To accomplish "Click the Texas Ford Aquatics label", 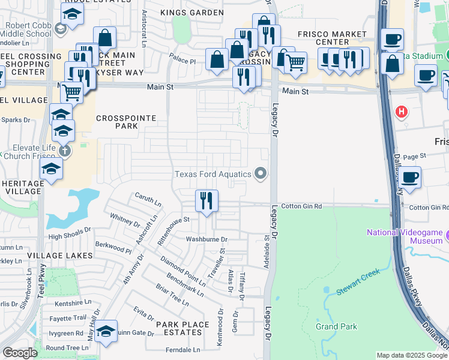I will point(212,174).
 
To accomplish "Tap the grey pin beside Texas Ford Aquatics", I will point(260,173).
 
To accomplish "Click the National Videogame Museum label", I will point(405,236).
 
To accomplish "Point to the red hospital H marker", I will point(401,111).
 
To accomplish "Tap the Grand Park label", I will point(337,326).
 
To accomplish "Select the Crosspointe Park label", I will point(118,122).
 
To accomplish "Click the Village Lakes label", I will point(59,255).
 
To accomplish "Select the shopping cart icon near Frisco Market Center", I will point(295,61).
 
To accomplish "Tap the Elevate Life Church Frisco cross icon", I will point(64,151).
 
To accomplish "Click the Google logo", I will point(20,353).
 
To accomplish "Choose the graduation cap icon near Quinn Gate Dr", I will point(106,331).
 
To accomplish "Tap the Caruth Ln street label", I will point(148,199).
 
